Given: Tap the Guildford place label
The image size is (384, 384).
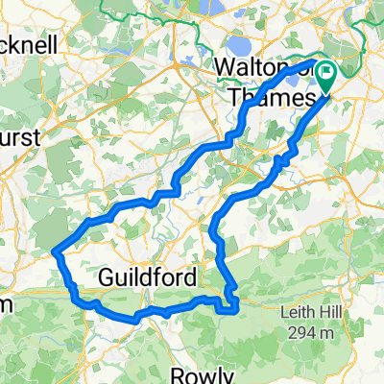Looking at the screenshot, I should click(x=148, y=277).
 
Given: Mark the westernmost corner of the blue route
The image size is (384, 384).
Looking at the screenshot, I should click(x=53, y=252).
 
